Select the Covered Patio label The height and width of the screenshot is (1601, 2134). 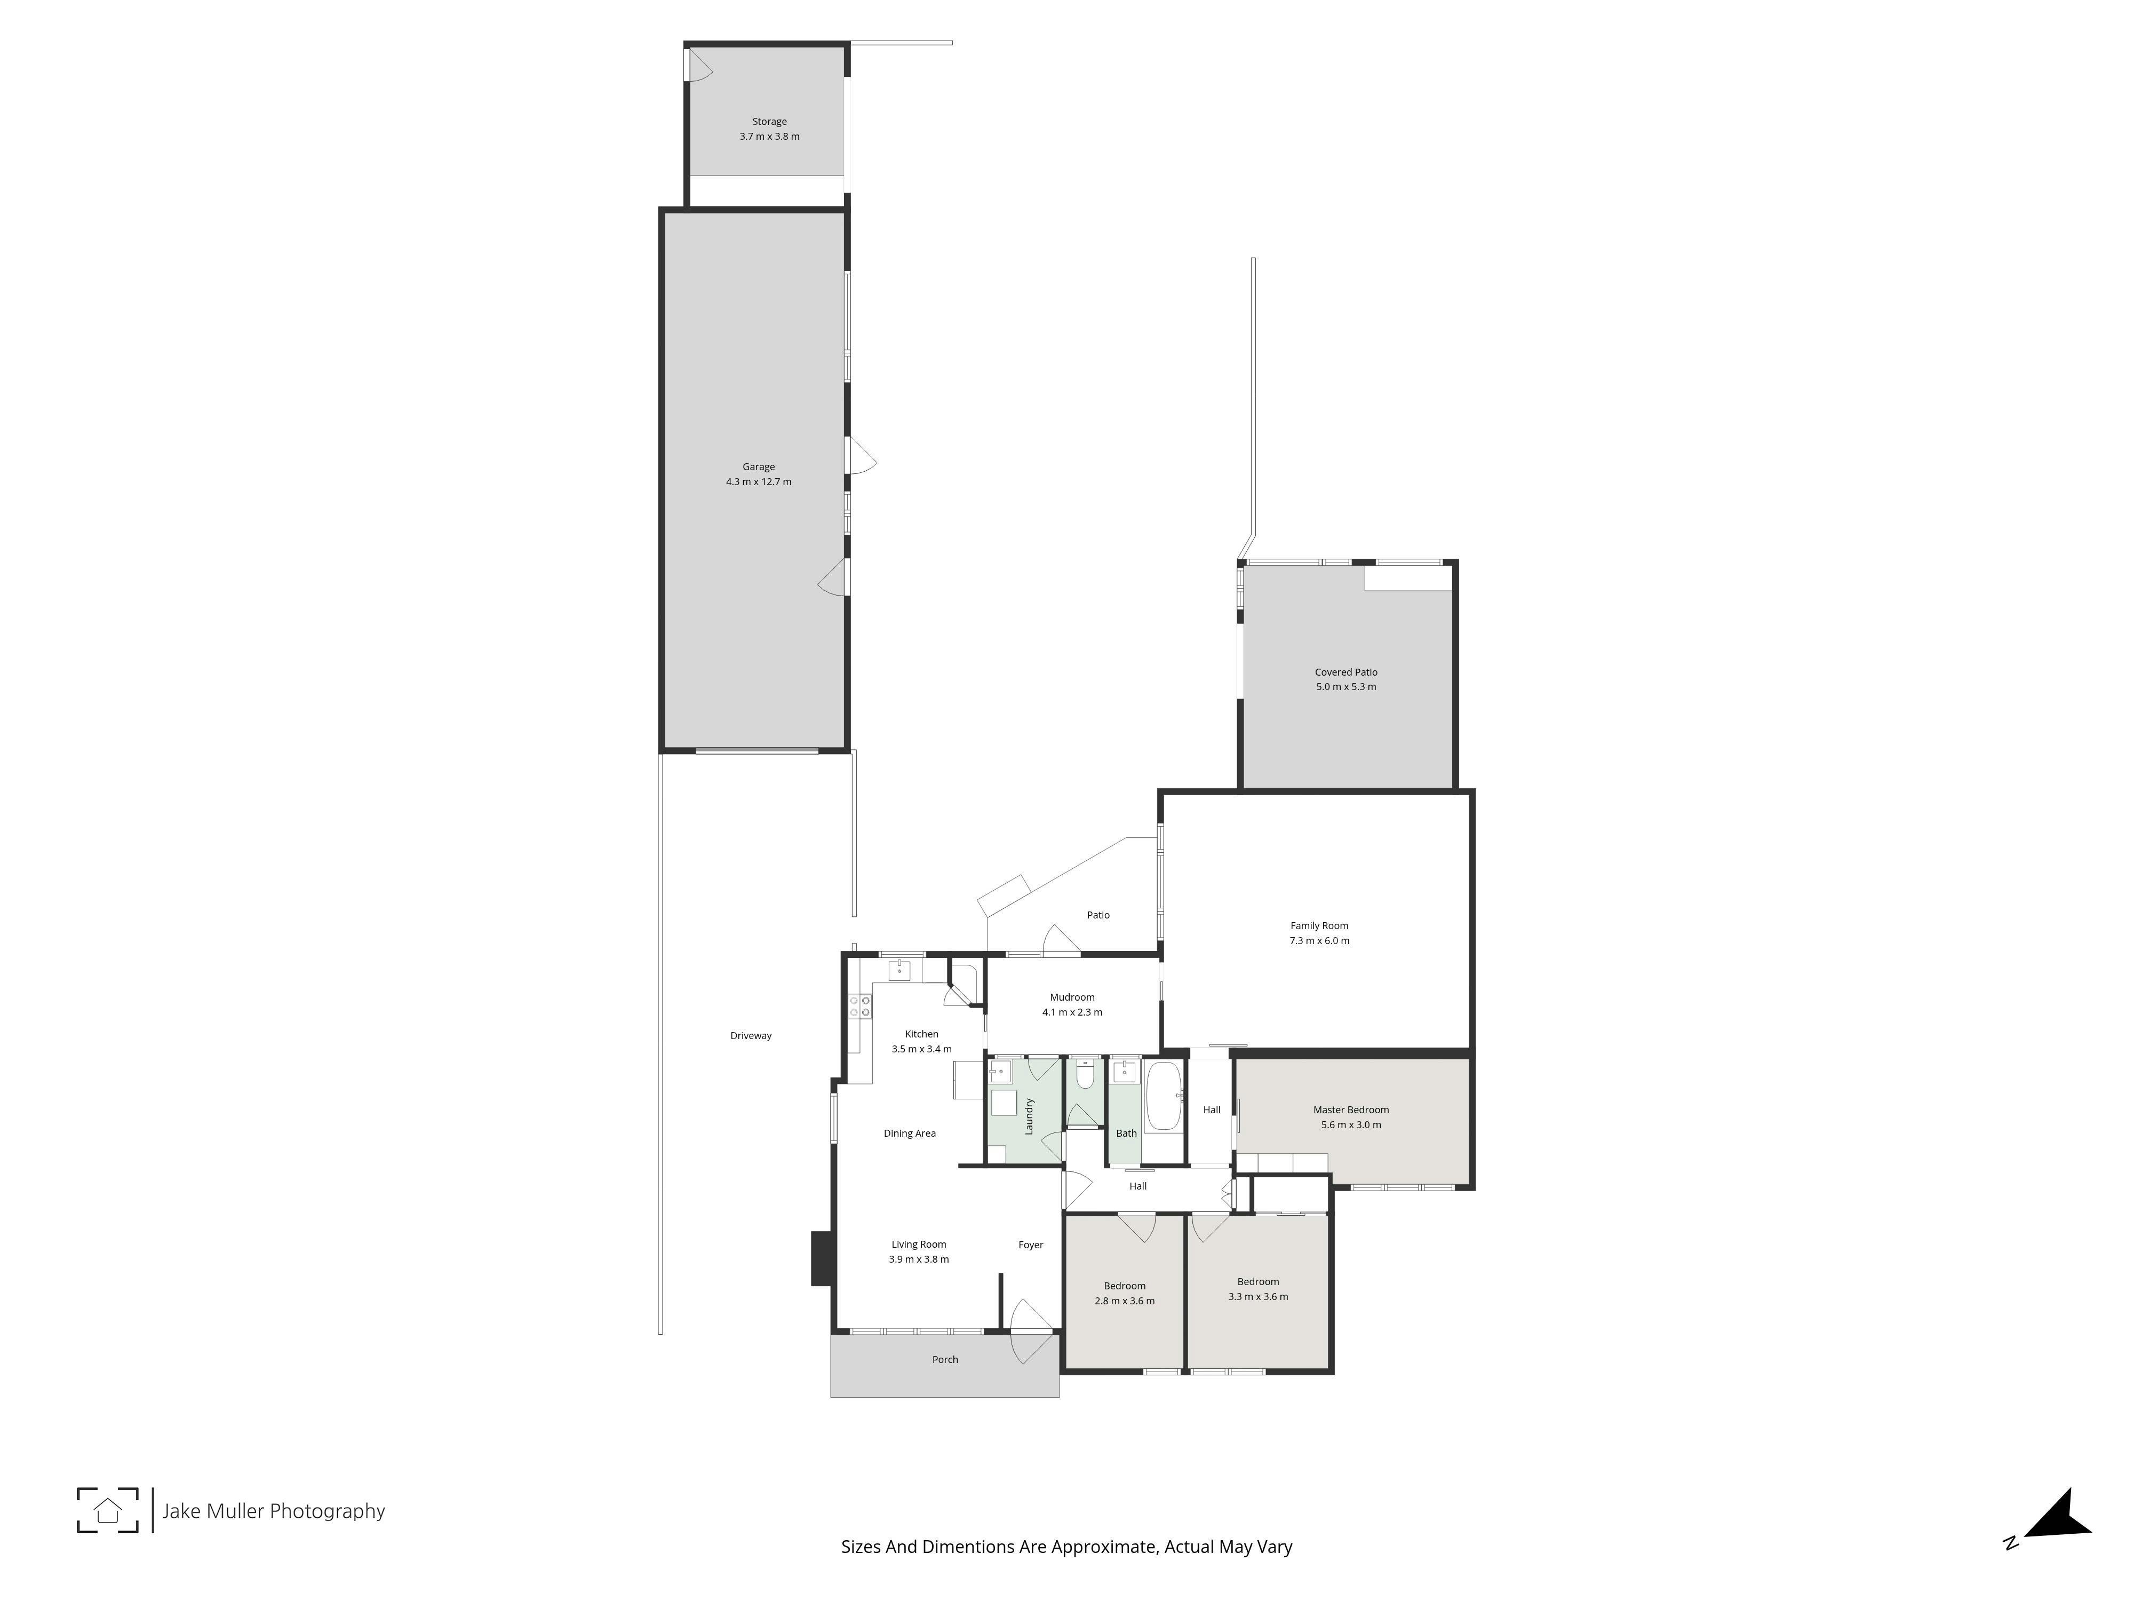click(x=1346, y=672)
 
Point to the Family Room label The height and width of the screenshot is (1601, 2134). click(x=1319, y=925)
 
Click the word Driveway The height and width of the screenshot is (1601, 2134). click(x=751, y=1035)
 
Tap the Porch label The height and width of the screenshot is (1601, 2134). click(x=944, y=1359)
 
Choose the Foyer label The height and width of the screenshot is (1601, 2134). click(x=1030, y=1244)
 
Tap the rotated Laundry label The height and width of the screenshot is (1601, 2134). click(x=1029, y=1115)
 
